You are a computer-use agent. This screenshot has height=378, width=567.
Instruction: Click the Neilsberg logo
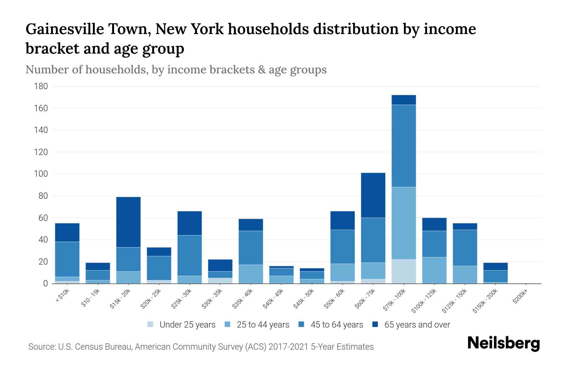pos(503,343)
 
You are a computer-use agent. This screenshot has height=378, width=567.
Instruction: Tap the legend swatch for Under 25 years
pos(151,324)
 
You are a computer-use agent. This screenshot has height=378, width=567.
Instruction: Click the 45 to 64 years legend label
pos(337,325)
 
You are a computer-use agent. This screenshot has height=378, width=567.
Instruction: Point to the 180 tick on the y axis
pos(41,86)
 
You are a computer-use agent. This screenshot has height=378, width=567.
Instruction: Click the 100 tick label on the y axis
pos(41,174)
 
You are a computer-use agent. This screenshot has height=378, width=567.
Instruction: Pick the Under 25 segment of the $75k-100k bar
pos(404,271)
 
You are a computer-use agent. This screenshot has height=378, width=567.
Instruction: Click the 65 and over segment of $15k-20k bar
pos(129,222)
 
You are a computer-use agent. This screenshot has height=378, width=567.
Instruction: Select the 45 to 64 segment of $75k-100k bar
pos(404,146)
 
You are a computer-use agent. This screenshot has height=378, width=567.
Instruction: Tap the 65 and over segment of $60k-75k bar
pos(373,195)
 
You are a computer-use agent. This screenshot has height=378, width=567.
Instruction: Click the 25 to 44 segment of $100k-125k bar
pos(434,270)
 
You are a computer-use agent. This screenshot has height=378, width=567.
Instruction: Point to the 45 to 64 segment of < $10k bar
pos(67,259)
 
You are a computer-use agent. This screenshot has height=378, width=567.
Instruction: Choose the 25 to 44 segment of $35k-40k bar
pos(251,274)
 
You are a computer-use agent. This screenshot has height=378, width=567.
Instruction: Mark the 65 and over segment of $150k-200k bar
pos(495,266)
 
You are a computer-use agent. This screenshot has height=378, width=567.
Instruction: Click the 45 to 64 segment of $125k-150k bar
pos(465,248)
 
